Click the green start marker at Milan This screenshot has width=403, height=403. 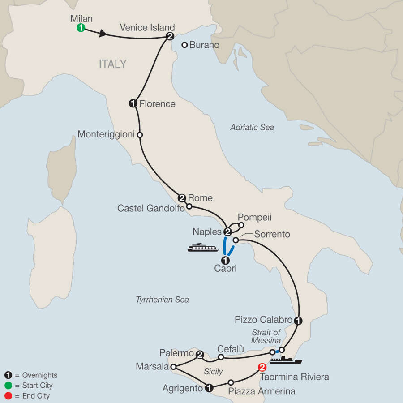81,28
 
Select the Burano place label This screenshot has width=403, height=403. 204,45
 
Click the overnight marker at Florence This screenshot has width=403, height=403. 133,103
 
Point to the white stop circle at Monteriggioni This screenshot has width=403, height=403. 140,134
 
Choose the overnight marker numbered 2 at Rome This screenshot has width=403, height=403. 182,197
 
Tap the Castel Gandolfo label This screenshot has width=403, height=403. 150,208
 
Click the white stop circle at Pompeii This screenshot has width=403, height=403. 241,225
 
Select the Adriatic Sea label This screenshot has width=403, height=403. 252,128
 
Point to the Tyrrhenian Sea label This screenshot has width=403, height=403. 162,300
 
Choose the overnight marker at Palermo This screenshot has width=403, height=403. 200,354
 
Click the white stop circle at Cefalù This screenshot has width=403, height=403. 221,357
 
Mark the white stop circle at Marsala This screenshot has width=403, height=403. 173,367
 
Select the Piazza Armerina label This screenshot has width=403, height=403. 262,391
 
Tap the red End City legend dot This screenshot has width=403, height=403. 8,396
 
